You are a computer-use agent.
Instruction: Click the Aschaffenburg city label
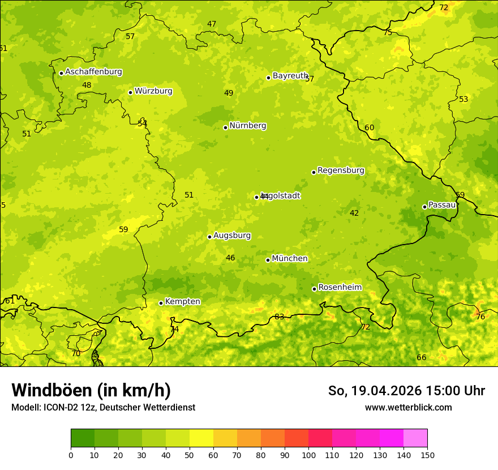[93, 72]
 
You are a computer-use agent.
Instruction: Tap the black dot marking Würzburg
[130, 92]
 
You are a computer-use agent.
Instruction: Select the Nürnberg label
[247, 126]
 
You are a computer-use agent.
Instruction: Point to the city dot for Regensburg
[314, 172]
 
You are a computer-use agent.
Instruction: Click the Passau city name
[442, 205]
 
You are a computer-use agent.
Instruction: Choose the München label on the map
[290, 259]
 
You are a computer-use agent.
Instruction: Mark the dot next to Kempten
[161, 303]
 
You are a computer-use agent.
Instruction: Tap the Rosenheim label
[340, 288]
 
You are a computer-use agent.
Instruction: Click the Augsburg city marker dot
[209, 237]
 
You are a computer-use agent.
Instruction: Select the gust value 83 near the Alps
[279, 317]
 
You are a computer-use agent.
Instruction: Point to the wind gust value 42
[354, 213]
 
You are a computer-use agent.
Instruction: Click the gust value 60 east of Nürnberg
[370, 128]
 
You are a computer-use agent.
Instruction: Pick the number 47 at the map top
[212, 24]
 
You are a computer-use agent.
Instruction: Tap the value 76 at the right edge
[480, 317]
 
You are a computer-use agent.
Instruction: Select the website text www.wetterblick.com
[408, 408]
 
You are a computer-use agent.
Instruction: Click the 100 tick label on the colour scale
[308, 455]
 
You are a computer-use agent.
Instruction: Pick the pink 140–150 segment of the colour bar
[415, 438]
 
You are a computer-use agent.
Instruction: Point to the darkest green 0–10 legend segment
[83, 438]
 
